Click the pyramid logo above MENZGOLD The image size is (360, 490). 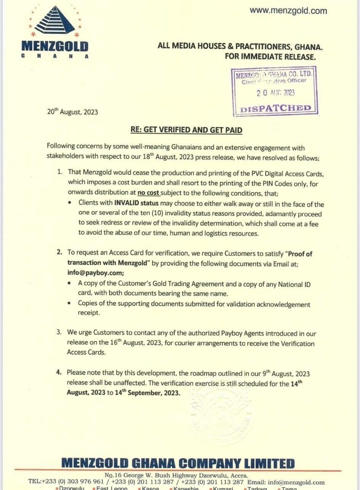click(x=55, y=21)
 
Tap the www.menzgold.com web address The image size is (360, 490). click(x=288, y=11)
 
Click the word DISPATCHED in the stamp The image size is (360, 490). click(x=276, y=108)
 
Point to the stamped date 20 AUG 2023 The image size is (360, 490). click(x=275, y=93)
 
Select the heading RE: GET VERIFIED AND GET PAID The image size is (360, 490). click(x=186, y=130)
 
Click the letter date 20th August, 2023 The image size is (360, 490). click(x=72, y=112)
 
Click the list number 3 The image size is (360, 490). click(x=59, y=332)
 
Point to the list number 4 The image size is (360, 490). click(x=59, y=372)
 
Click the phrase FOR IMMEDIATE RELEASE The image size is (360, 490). click(x=270, y=57)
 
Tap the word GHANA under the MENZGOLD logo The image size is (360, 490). click(x=55, y=56)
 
